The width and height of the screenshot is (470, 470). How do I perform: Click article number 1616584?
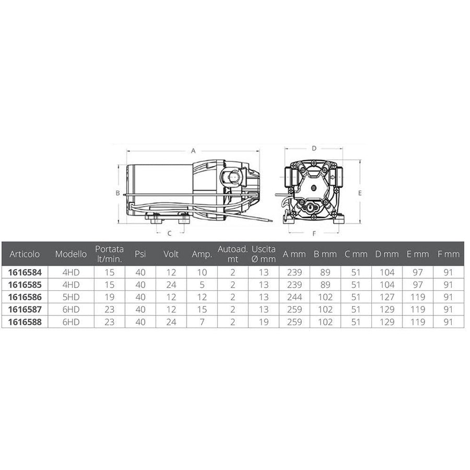[x=25, y=273]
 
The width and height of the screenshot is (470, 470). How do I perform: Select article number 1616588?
[x=25, y=322]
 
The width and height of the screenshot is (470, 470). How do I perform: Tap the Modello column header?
[x=71, y=254]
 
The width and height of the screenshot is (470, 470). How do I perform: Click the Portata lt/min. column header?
[x=110, y=254]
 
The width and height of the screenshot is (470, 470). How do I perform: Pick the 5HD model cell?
[x=71, y=297]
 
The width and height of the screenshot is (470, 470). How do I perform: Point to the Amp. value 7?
[x=202, y=322]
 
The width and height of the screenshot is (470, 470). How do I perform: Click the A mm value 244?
[x=295, y=297]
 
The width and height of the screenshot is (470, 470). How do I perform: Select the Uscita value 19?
[x=264, y=322]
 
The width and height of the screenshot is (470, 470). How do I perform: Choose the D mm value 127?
[x=387, y=297]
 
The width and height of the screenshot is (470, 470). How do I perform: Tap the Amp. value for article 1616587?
[x=202, y=309]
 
